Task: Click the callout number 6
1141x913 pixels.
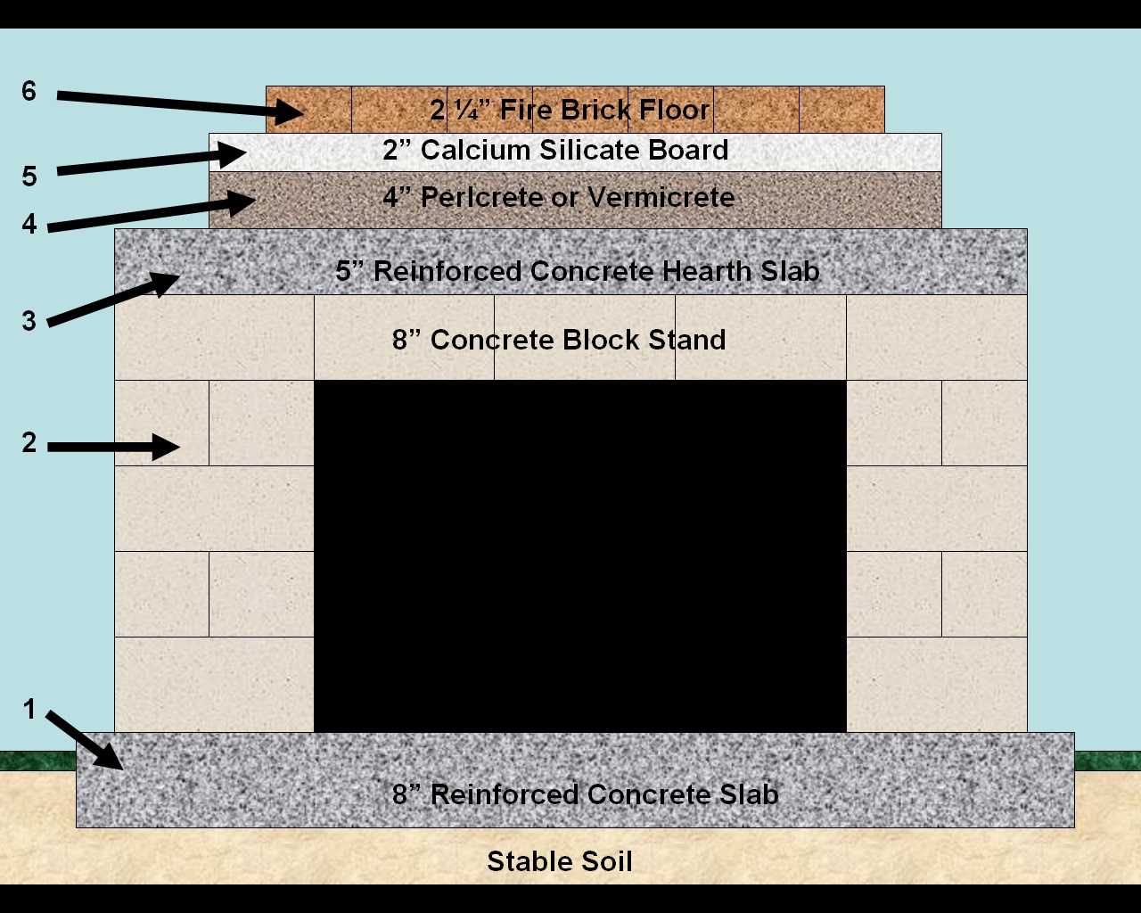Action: [29, 91]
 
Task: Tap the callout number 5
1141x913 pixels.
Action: [29, 177]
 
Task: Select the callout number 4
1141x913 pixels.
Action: [29, 224]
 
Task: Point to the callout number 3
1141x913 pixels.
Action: [29, 321]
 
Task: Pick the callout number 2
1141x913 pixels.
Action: [29, 442]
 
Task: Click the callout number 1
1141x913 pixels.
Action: [29, 710]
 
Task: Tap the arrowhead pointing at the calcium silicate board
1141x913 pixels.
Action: [234, 153]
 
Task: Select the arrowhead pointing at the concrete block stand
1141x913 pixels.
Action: [166, 446]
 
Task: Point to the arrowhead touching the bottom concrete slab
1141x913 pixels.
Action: [111, 758]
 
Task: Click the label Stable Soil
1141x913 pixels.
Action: [560, 861]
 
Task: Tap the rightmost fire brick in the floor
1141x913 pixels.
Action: [841, 110]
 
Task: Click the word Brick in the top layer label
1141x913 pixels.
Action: [595, 110]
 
